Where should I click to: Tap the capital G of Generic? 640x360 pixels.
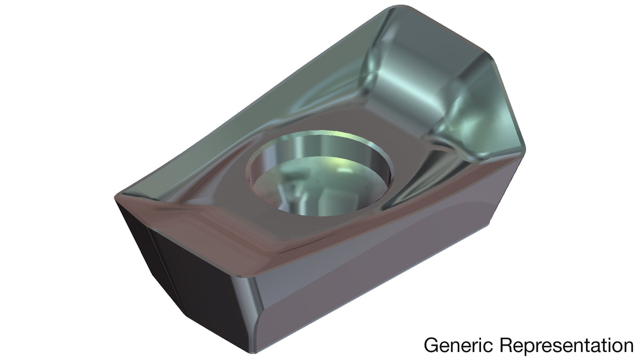click(x=430, y=345)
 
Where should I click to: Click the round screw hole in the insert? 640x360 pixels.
click(x=319, y=173)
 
